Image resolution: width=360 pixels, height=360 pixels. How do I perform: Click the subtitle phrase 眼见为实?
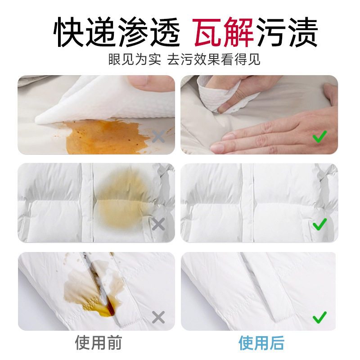pyautogui.click(x=135, y=59)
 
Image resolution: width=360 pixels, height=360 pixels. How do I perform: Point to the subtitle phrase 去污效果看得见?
pyautogui.click(x=214, y=59)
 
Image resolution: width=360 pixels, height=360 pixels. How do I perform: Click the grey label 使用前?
pyautogui.click(x=98, y=343)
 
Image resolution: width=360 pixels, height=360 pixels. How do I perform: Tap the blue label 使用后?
pyautogui.click(x=261, y=343)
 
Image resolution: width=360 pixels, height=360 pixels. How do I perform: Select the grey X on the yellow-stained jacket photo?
pyautogui.click(x=158, y=224)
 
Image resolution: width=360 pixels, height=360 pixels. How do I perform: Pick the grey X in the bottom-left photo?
pyautogui.click(x=158, y=317)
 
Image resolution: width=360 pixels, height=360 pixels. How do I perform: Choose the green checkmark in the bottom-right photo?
pyautogui.click(x=319, y=317)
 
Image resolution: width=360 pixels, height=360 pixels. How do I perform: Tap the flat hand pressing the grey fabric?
pyautogui.click(x=270, y=133)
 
